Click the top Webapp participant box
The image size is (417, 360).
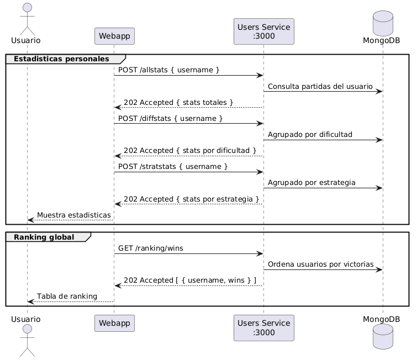114,36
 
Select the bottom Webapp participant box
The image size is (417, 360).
114,323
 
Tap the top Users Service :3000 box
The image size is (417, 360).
263,31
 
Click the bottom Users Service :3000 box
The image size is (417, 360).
263,328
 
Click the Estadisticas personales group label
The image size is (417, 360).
61,59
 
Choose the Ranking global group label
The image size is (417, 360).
44,237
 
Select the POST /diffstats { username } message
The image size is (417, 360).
171,118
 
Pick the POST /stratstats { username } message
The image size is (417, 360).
172,166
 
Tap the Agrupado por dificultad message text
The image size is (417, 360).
310,134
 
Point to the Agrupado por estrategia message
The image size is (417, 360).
312,182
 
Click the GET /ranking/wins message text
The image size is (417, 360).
151,248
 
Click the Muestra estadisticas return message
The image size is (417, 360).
73,214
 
